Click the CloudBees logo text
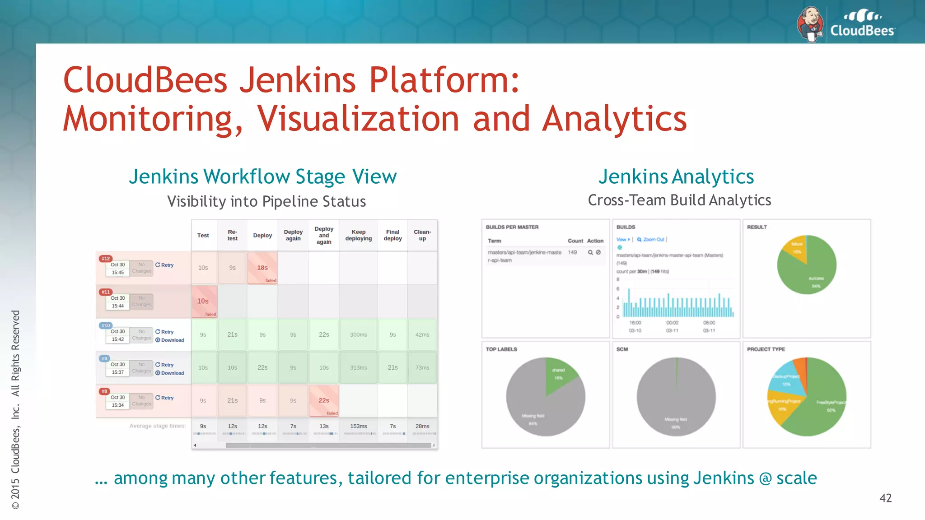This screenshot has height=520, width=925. click(x=862, y=31)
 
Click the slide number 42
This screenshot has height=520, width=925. click(x=885, y=498)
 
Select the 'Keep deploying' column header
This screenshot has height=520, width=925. click(x=359, y=235)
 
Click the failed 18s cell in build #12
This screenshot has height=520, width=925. click(x=262, y=268)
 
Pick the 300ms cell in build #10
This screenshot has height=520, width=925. click(x=359, y=334)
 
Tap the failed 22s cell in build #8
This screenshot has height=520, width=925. click(x=324, y=400)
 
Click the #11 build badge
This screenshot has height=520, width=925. click(x=106, y=292)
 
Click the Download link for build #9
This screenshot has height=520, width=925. click(x=172, y=373)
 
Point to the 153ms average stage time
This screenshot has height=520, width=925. click(x=359, y=426)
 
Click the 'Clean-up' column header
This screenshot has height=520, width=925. click(x=422, y=235)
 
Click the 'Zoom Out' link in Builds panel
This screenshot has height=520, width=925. click(x=653, y=240)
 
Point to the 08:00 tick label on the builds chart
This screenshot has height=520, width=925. click(x=709, y=323)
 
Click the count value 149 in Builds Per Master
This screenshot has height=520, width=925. click(x=572, y=252)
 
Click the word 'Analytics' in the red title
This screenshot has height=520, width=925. click(x=614, y=119)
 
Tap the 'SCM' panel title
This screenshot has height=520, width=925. click(x=622, y=349)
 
